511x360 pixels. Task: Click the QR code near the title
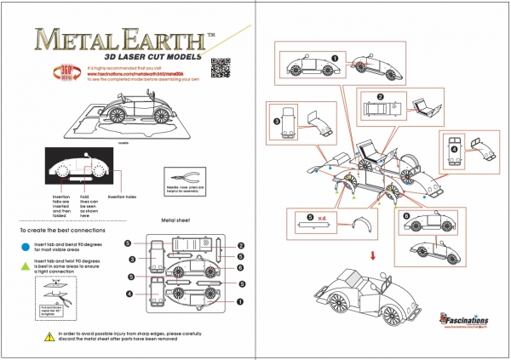click(x=220, y=66)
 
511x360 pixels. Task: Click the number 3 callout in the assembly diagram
click(x=278, y=121)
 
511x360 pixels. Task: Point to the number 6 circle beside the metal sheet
click(x=241, y=268)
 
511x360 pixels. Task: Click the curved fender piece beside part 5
click(x=359, y=226)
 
